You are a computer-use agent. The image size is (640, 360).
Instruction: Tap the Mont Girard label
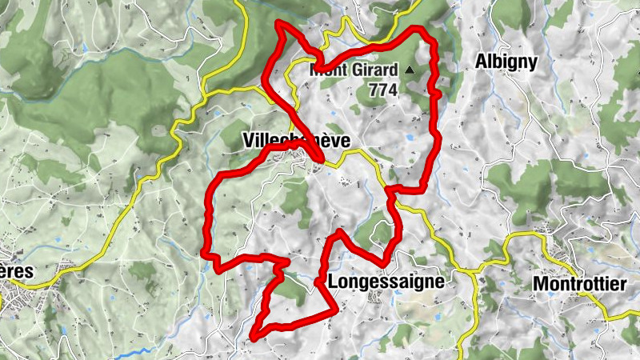point(354,70)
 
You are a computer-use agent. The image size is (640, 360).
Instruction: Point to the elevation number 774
point(383,90)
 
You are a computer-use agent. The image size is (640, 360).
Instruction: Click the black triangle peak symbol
point(410,70)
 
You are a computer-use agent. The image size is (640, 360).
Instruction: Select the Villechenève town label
point(295,140)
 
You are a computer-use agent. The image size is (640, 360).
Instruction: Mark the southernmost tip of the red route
point(254,337)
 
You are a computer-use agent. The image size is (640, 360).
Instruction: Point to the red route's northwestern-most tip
point(278,23)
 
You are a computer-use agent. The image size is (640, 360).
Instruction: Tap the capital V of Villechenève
point(246,140)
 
